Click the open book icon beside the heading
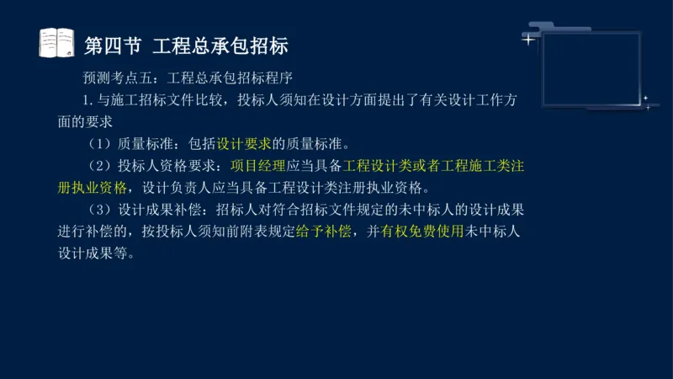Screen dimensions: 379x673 (x=57, y=42)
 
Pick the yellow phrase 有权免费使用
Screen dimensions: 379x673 (x=422, y=231)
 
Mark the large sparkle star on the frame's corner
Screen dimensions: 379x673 (x=528, y=39)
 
